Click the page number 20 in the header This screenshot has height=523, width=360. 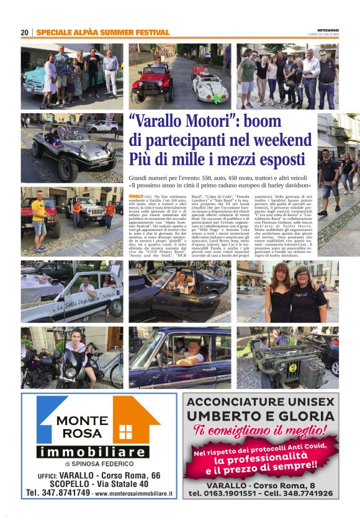[x=24, y=32]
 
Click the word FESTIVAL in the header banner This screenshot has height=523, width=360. [x=148, y=32]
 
